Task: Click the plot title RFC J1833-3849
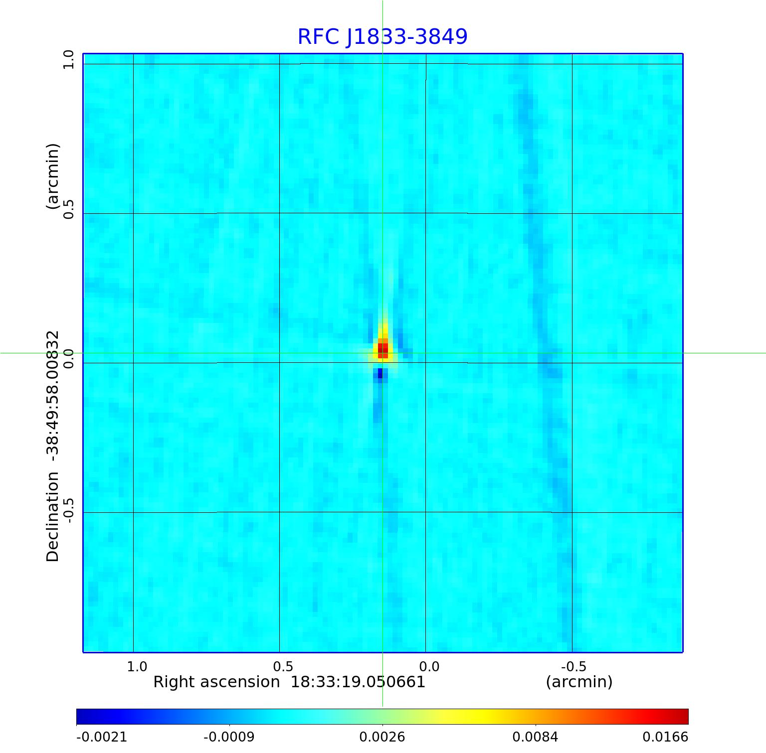pyautogui.click(x=383, y=37)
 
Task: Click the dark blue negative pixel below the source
pyautogui.click(x=380, y=373)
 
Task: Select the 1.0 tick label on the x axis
pyautogui.click(x=137, y=666)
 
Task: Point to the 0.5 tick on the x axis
pyautogui.click(x=283, y=666)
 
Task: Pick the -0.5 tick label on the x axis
pyautogui.click(x=573, y=666)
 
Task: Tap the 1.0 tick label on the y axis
pyautogui.click(x=68, y=60)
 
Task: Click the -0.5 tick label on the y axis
pyautogui.click(x=68, y=509)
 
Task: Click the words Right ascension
pyautogui.click(x=216, y=682)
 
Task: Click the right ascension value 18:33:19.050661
pyautogui.click(x=358, y=682)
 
